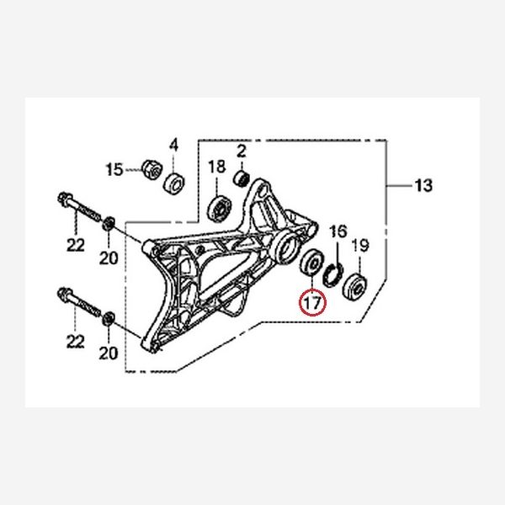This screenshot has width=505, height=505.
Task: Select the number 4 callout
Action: [174, 145]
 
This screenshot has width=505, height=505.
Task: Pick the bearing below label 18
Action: [221, 205]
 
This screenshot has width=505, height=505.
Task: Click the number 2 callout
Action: [241, 152]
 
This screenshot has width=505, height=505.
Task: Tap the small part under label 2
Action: [242, 178]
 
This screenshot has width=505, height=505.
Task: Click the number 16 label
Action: [338, 231]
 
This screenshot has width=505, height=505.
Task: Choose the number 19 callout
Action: [359, 246]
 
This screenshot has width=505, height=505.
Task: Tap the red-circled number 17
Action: [311, 300]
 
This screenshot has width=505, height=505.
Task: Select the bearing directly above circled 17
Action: [310, 264]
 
